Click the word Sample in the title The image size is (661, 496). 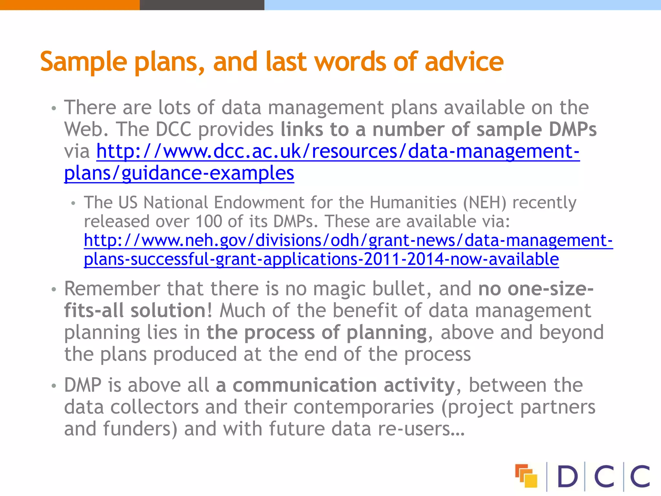[84, 62]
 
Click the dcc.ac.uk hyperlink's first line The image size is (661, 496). [338, 151]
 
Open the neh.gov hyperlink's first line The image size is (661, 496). [348, 240]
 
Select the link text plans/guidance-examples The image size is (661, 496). [179, 173]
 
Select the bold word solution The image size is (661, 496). [168, 311]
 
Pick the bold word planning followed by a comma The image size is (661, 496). [387, 333]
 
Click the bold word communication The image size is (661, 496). [305, 385]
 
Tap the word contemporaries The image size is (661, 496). [364, 407]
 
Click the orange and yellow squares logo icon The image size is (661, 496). [526, 476]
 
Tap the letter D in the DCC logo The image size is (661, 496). [567, 476]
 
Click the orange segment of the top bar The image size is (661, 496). [70, 5]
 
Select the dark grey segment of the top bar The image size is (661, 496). [202, 5]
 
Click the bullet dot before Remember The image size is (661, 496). [54, 289]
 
